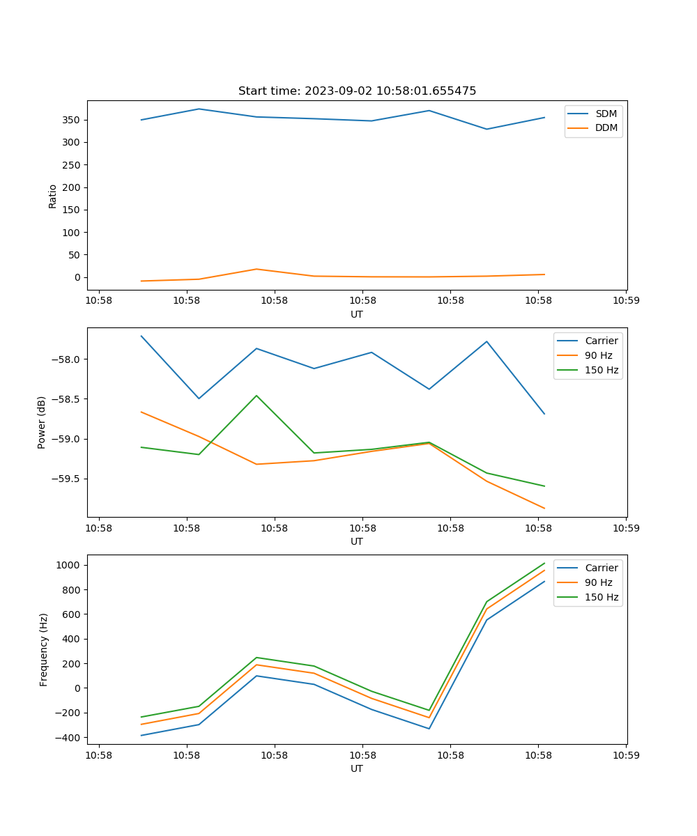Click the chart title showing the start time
pos(357,91)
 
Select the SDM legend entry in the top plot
pos(606,114)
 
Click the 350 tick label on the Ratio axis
pos(72,120)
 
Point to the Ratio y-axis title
pos(53,196)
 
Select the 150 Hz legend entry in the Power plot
pos(602,370)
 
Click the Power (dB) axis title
pos(42,422)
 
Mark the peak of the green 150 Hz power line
pos(256,396)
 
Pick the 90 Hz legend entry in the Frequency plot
pos(598,582)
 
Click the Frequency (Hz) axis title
pos(43,649)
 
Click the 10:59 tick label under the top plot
pos(626,301)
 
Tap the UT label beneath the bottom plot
pos(357,768)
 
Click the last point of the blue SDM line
pos(544,118)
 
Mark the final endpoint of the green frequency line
pos(544,563)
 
